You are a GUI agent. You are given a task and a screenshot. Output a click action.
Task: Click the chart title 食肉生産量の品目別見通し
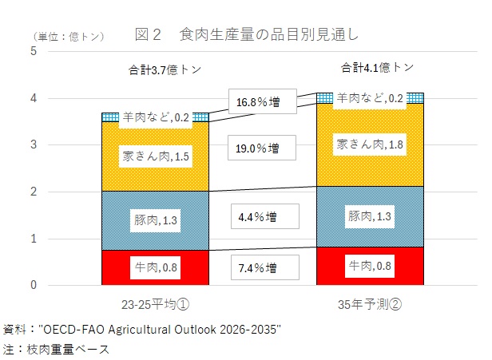[x=268, y=34]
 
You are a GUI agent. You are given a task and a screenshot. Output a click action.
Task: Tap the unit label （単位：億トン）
[x=69, y=37]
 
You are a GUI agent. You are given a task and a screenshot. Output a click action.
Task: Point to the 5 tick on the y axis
[x=34, y=51]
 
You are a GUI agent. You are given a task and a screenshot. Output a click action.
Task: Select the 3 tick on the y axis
[x=34, y=144]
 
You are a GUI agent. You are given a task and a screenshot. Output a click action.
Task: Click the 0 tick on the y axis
[x=34, y=285]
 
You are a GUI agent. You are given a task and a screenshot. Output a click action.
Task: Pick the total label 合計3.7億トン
[x=165, y=69]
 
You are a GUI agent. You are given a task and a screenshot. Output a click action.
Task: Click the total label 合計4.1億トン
[x=377, y=67]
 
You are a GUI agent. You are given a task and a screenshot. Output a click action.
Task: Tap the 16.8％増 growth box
[x=263, y=101]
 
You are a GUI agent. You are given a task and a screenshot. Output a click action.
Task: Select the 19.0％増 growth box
[x=262, y=148]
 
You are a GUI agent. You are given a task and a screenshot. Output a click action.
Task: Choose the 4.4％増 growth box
[x=265, y=216]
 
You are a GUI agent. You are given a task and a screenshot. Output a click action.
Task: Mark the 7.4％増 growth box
[x=265, y=267]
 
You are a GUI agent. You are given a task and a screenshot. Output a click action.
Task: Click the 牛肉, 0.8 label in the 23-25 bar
[x=155, y=267]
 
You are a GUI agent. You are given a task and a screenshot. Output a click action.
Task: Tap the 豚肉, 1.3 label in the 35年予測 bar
[x=369, y=216]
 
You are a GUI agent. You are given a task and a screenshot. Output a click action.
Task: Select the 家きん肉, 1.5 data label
[x=156, y=156]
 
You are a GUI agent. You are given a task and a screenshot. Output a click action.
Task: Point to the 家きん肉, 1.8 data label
[x=370, y=144]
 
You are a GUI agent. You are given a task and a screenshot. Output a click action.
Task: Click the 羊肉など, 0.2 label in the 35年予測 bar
[x=370, y=98]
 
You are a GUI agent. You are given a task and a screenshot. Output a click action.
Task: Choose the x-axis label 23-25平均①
[x=155, y=304]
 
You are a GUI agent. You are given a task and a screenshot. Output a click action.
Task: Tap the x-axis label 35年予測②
[x=370, y=304]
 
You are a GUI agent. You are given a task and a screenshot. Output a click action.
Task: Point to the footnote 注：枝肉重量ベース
[x=56, y=349]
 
